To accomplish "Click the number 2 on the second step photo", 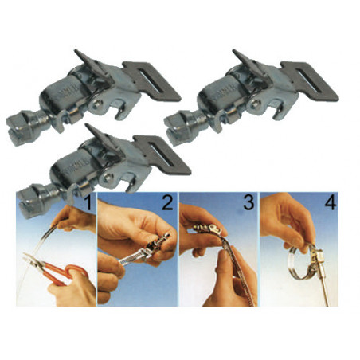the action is [x=167, y=202].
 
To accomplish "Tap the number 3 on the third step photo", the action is [x=248, y=202].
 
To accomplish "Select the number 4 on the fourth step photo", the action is [x=331, y=202].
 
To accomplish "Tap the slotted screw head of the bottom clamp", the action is [x=31, y=201].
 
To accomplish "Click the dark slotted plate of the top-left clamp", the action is [x=152, y=80].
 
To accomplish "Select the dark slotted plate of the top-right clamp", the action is [x=310, y=80].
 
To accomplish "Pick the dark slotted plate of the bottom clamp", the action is [x=162, y=155].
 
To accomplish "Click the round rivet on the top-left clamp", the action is [x=97, y=104].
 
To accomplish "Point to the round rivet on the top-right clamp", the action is [x=256, y=104].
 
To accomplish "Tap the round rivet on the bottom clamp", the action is [x=108, y=178].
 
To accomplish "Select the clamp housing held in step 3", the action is [x=206, y=229].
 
